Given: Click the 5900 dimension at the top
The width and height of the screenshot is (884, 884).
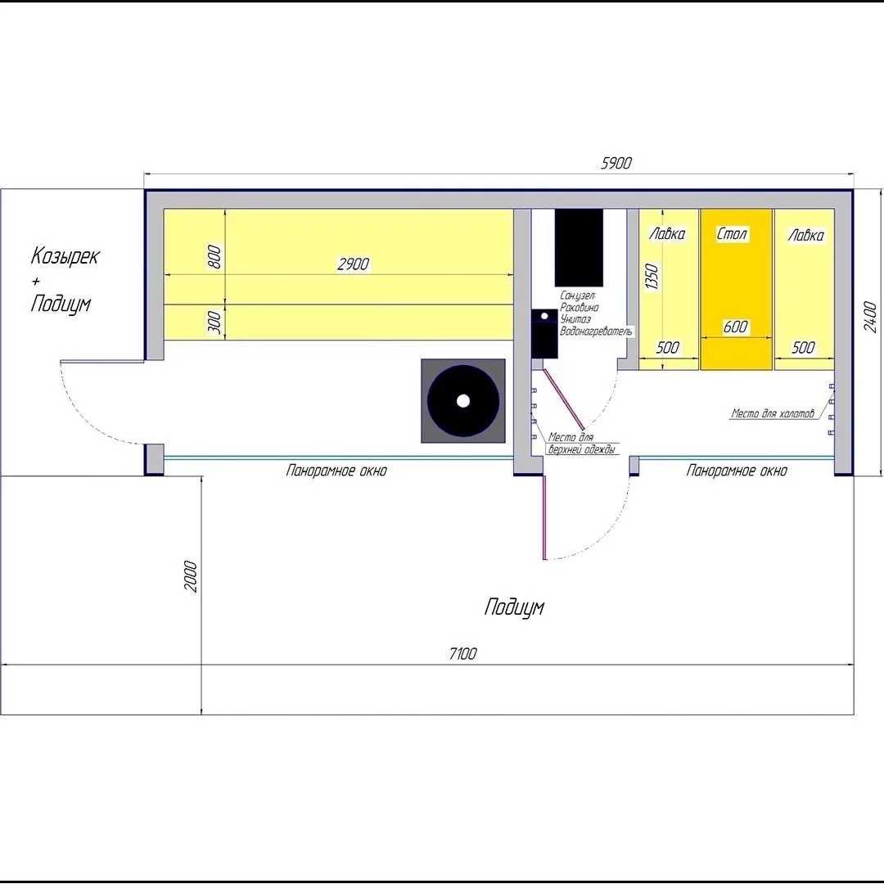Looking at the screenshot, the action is (616, 163).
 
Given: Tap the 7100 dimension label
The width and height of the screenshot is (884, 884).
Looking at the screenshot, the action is (462, 653).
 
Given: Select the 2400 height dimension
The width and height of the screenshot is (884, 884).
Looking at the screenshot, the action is (870, 317).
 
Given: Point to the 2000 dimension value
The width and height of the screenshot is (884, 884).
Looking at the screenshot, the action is (191, 576).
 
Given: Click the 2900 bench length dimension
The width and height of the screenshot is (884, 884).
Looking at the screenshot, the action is (353, 264).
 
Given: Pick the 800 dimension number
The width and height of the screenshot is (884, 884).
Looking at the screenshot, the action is (214, 257).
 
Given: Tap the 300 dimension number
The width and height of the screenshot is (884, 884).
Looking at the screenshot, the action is (214, 322).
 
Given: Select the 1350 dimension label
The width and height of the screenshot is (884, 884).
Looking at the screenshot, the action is (652, 277).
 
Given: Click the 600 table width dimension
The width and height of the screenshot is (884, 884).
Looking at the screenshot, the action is (735, 327).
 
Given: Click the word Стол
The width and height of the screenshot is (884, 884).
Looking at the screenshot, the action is (732, 233).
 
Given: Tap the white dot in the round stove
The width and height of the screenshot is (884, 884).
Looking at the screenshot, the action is (462, 401).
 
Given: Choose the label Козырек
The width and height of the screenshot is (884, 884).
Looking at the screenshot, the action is (65, 256).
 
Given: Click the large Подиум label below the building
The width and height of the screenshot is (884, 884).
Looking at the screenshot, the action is (514, 607).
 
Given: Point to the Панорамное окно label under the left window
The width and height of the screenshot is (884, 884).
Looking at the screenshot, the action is (336, 470).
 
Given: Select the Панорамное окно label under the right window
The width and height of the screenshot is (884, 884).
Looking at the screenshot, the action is (737, 470).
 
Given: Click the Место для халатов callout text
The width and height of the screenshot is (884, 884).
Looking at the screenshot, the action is (773, 413).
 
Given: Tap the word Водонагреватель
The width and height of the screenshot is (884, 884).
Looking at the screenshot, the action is (596, 331).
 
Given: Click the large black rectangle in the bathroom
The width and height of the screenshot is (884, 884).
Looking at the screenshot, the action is (579, 248).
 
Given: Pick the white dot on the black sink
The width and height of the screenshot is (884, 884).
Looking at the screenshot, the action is (544, 316).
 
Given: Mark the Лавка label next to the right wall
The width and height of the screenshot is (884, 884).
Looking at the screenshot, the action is (805, 235).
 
